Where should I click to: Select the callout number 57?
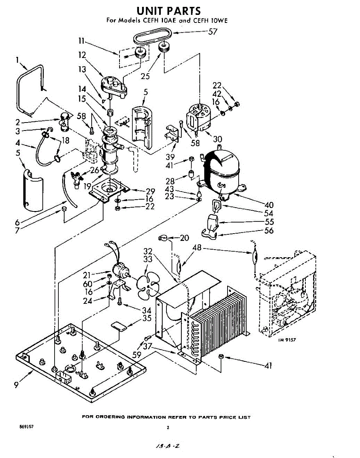coord(212,32)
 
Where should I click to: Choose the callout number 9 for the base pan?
coord(16,385)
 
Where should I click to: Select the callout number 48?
coord(197,248)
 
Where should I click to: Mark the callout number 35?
coord(146,318)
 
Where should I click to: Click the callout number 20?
coord(184,238)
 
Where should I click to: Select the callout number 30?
coord(218,139)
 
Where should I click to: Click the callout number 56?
coord(269,231)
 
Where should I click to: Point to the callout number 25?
coord(145,76)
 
